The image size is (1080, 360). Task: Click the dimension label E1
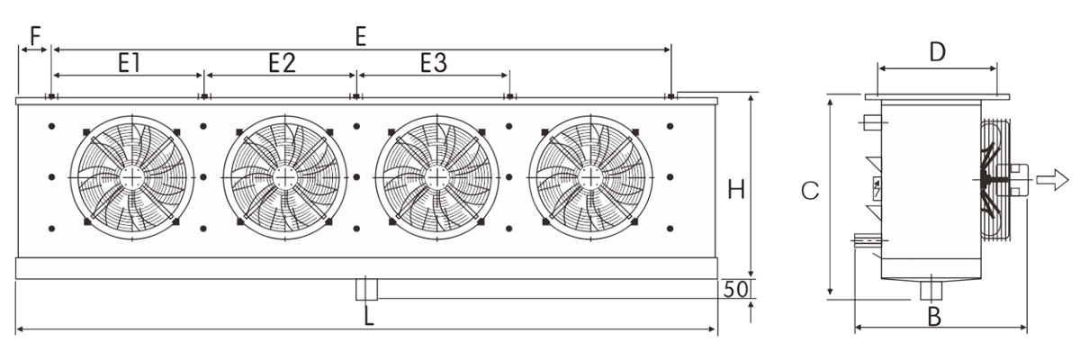pos(129,63)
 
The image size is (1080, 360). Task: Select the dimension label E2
pos(282,63)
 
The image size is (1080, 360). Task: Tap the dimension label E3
pos(434,63)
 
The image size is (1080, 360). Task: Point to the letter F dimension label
pos(36,36)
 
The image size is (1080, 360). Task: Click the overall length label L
pos(369,317)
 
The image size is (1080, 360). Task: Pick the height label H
pos(736,190)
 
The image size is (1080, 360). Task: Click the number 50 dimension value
pos(736,289)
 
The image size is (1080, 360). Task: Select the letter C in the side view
pos(810,191)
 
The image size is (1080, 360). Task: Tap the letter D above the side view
pos(937,52)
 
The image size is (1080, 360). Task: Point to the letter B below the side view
pos(934,317)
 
